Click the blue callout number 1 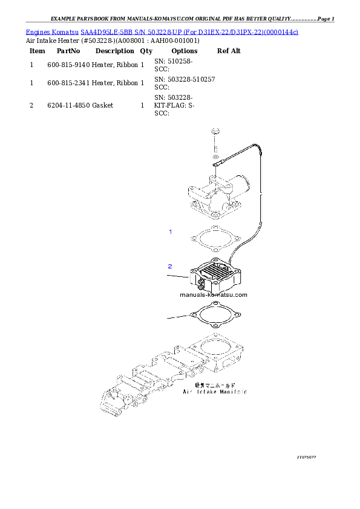coord(170,232)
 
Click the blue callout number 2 coord(170,266)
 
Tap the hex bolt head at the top coord(215,131)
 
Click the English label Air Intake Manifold coord(215,392)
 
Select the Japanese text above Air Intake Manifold coord(215,384)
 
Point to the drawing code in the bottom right coord(306,458)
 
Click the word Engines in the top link coord(36,31)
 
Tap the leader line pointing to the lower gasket coord(178,317)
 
